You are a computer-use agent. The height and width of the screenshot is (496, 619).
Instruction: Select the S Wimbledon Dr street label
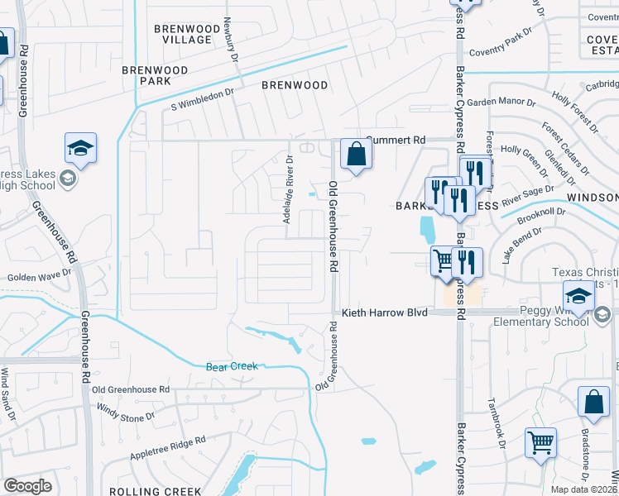pyautogui.click(x=203, y=105)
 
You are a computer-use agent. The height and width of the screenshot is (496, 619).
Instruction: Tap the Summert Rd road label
pyautogui.click(x=395, y=141)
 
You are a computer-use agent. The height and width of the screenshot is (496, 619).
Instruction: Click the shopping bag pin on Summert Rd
pyautogui.click(x=355, y=154)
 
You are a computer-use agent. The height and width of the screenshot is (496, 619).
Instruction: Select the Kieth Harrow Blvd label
pyautogui.click(x=385, y=313)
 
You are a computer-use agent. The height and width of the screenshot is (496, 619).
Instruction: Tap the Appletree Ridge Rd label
pyautogui.click(x=166, y=448)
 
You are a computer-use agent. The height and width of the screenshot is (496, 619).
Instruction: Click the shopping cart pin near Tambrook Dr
pyautogui.click(x=540, y=442)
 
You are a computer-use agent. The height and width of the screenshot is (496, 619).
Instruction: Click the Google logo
pyautogui.click(x=27, y=486)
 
